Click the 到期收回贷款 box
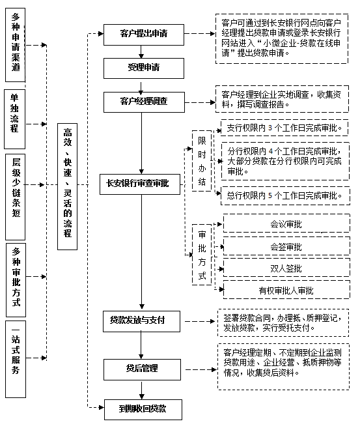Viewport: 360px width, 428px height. coord(142,408)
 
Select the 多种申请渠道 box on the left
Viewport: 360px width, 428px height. coord(15,43)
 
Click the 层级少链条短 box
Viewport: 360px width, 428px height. coord(15,193)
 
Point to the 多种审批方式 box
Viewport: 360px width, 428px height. coord(15,278)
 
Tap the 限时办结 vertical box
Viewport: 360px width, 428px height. coord(202,161)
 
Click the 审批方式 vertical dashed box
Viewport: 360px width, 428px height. coord(202,254)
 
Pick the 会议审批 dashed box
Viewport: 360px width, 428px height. coord(286,224)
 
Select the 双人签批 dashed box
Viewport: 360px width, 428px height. coord(286,268)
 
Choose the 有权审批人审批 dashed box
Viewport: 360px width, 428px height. coord(286,290)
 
